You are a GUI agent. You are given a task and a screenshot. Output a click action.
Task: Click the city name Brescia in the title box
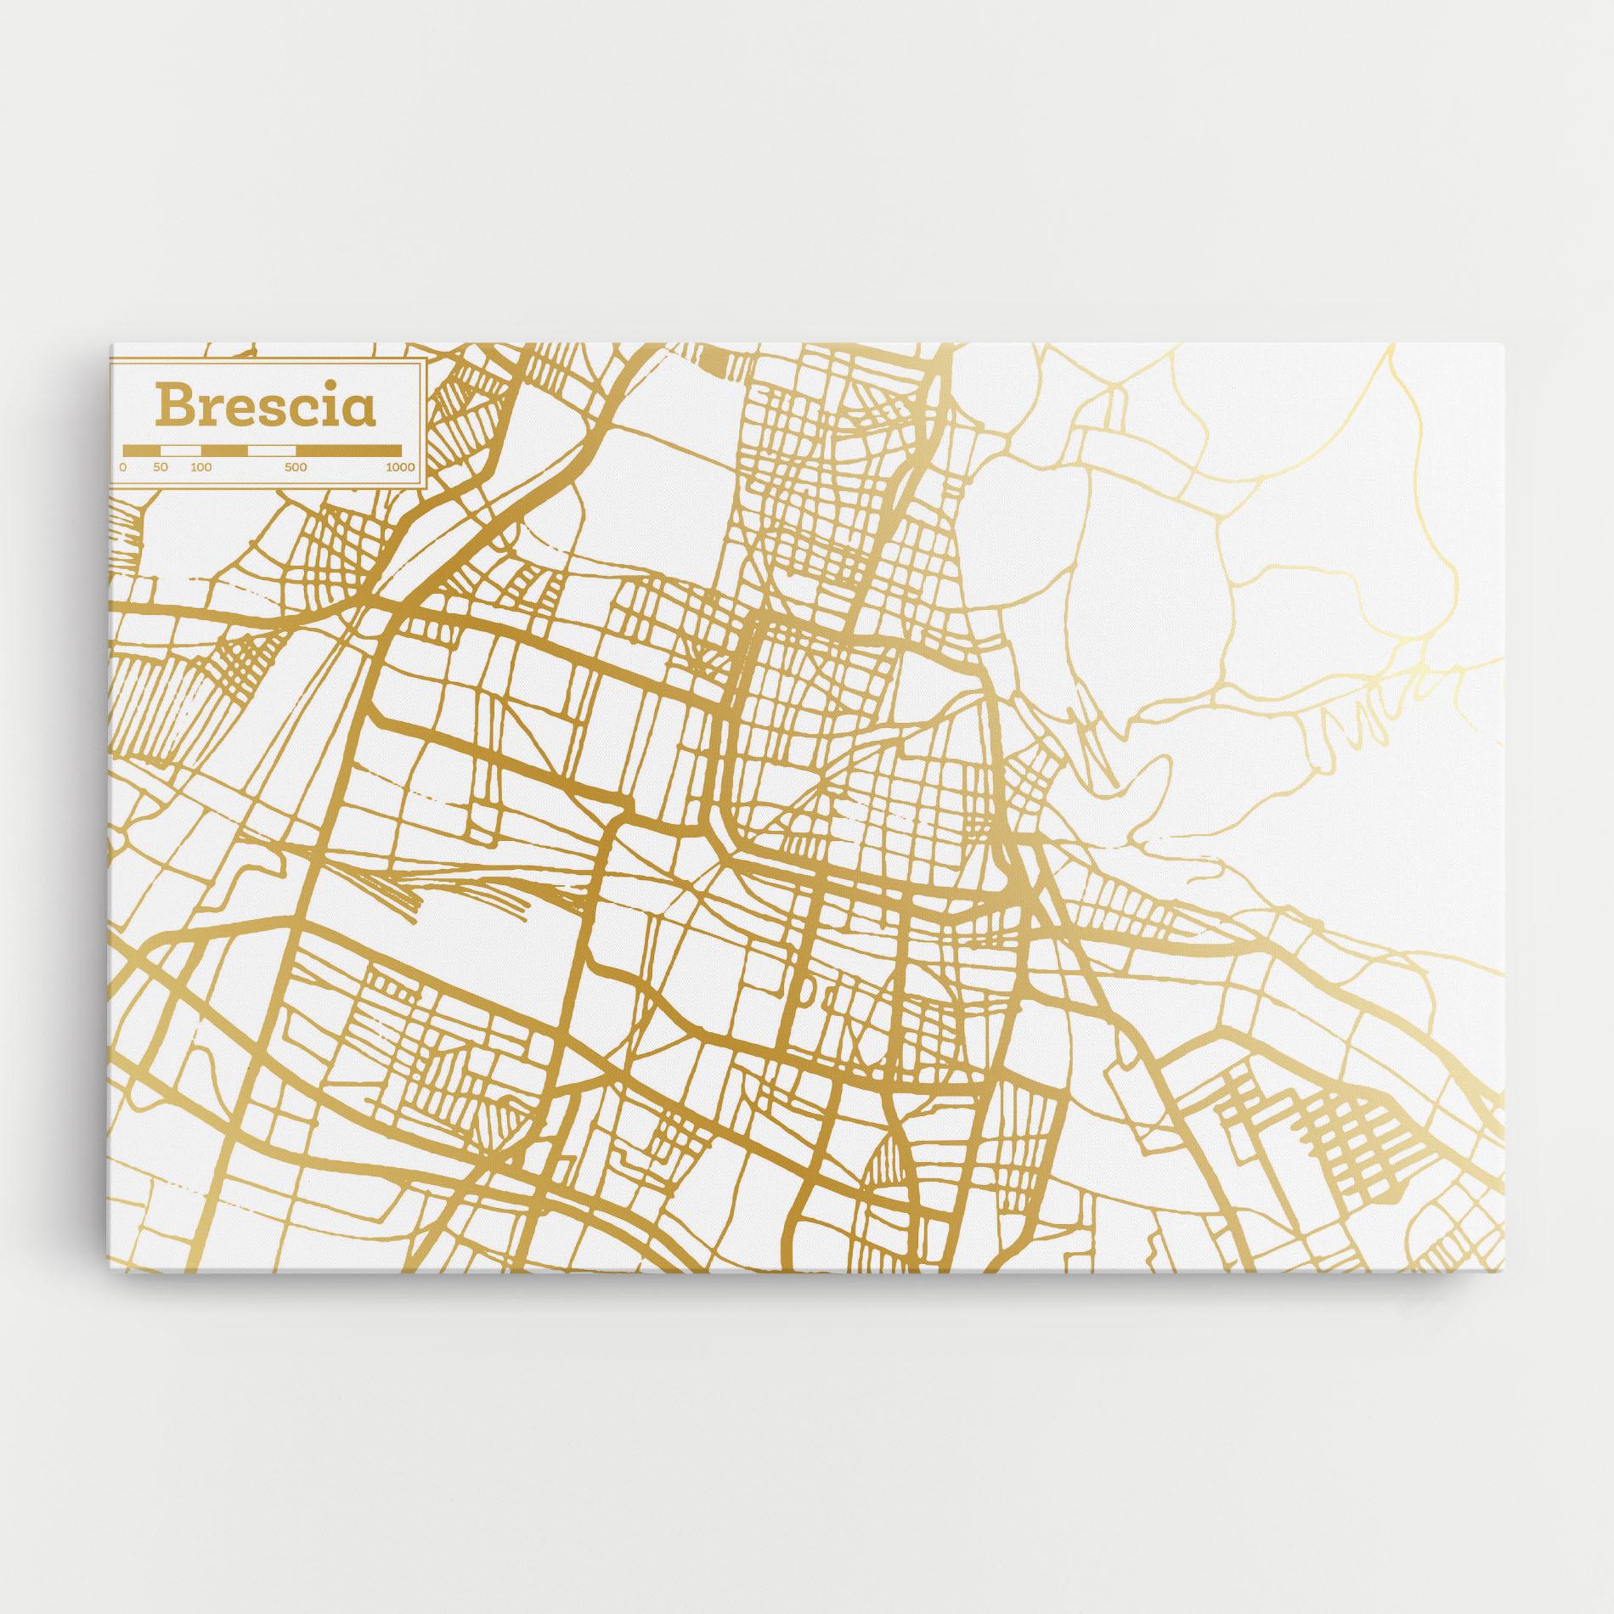coord(264,407)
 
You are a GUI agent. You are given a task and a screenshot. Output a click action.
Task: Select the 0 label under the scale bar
coord(123,466)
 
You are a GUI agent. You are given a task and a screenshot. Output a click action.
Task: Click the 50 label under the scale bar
coord(161,466)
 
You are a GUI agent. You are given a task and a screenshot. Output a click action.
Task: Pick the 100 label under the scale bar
coord(200,466)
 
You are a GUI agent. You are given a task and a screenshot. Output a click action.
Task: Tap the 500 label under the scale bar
coord(295,466)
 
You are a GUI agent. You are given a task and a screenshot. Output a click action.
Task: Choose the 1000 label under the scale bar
coord(399,466)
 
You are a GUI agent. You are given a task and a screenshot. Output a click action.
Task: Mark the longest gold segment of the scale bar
coord(348,449)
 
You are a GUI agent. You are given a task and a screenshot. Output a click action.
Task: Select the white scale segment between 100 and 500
coord(271,449)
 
